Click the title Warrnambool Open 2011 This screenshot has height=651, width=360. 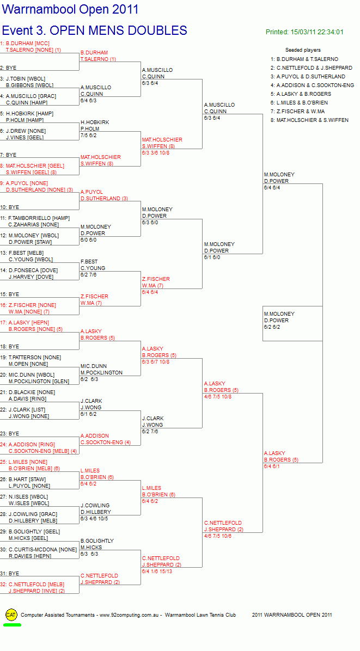click(x=71, y=10)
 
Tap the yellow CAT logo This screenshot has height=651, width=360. click(x=11, y=615)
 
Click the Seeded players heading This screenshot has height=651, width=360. click(x=303, y=50)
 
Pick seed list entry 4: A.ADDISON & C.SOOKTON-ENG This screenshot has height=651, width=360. click(x=312, y=85)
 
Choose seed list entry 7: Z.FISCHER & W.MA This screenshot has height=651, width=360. click(x=298, y=111)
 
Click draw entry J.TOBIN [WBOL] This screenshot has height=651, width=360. click(x=26, y=79)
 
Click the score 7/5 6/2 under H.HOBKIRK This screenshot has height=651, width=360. click(x=88, y=136)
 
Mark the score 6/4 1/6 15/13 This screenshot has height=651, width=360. click(x=157, y=572)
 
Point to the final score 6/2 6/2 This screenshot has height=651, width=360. click(x=272, y=327)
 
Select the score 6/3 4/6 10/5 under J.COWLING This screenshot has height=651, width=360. click(x=94, y=519)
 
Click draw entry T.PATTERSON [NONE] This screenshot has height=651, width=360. click(x=34, y=358)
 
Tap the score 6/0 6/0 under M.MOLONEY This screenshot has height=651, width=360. click(x=88, y=240)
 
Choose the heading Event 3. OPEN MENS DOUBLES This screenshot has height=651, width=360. click(x=95, y=30)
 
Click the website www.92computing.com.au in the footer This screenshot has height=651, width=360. click(x=130, y=615)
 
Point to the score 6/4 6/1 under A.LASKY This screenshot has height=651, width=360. click(x=272, y=466)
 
